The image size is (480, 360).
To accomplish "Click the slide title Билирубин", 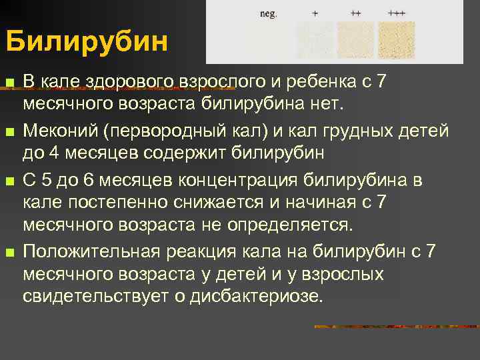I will (87, 42).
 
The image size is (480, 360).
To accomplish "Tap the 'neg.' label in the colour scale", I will (269, 13).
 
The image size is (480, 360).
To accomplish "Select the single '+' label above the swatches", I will (315, 13).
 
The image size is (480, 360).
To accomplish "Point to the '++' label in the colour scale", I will (356, 13).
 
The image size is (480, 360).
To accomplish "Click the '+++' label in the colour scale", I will (397, 13).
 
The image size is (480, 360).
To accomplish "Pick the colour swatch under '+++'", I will (397, 39).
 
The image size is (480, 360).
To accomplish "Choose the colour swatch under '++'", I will (355, 39).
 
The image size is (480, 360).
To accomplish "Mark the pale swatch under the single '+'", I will (315, 39).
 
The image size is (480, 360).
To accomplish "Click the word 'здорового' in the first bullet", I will (126, 82).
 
